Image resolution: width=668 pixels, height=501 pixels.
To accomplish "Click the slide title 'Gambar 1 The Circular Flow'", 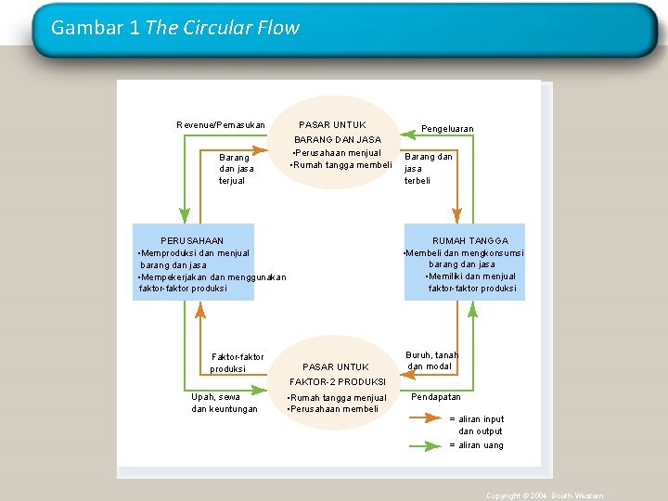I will (x=175, y=28).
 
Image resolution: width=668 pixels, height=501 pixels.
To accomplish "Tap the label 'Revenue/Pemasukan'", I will (x=221, y=125).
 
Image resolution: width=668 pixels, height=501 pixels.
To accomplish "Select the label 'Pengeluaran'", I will (x=447, y=129).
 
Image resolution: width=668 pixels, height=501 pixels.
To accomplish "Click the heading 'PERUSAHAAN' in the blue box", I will (x=192, y=241).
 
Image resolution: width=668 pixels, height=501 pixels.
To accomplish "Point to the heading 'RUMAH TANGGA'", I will (x=470, y=241).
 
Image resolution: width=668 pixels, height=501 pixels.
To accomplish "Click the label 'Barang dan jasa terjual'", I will (x=235, y=169).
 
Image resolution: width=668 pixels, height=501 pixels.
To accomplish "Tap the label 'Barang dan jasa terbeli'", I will (x=428, y=169).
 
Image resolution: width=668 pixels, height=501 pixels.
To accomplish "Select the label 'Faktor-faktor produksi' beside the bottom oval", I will (x=237, y=363).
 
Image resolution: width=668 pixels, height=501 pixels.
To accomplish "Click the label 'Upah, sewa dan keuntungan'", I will (x=225, y=404).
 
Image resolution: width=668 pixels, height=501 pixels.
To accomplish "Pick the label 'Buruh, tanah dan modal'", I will (x=431, y=360).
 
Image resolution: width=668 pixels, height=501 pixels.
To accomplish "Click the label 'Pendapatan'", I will (x=436, y=397).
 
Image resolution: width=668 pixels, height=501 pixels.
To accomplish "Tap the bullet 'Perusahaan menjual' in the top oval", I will (x=337, y=153).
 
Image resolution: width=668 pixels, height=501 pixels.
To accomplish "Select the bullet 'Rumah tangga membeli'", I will (x=340, y=166).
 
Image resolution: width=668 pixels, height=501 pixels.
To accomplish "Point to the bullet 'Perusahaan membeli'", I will (x=333, y=409).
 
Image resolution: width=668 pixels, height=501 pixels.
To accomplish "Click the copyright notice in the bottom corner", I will (x=545, y=496).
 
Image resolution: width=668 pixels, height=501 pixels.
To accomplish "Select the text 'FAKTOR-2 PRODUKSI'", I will (x=338, y=382).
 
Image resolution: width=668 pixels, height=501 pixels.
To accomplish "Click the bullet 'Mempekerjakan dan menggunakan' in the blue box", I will (x=212, y=276).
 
